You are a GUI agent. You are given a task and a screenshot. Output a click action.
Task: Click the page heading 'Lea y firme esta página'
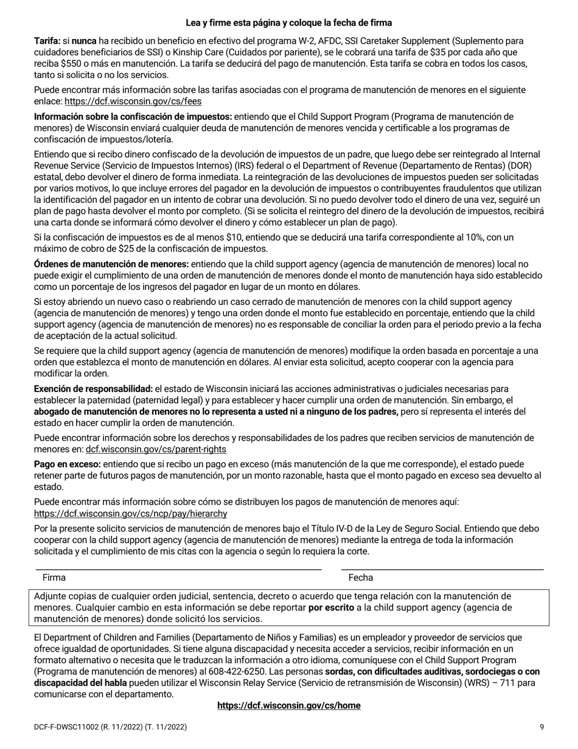coord(288,23)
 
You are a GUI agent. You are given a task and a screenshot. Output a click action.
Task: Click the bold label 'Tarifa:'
coord(47,41)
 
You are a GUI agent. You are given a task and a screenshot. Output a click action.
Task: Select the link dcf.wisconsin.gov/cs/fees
coord(133,102)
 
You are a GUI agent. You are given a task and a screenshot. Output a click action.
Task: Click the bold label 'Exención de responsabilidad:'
coord(93,389)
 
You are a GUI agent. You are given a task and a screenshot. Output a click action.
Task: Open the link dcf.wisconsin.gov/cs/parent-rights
coord(156,449)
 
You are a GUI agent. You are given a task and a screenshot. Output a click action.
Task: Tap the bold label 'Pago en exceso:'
coord(67,464)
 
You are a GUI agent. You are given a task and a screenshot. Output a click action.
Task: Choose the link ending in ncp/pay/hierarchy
coord(130,513)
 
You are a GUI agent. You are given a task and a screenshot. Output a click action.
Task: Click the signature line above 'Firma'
coord(178,569)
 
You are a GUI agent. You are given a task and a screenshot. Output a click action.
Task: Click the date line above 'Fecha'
coord(442,569)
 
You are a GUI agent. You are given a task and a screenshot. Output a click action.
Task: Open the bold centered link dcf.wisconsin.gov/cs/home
coord(288,706)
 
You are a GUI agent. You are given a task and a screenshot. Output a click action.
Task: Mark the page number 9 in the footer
coord(541,727)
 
